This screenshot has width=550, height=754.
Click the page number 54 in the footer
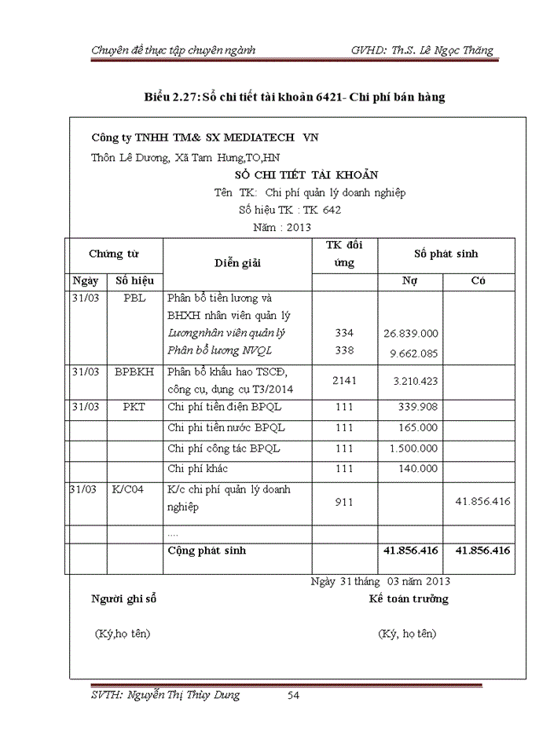294,695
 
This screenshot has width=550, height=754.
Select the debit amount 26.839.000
411,334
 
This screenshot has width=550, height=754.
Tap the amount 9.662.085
414,353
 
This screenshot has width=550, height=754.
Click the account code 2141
344,380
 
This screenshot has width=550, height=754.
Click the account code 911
344,500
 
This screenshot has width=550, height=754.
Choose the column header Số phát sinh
446,254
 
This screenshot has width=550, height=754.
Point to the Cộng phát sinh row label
207,551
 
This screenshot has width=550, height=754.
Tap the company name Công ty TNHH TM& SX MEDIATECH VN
205,137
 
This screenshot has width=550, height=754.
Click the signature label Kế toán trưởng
409,599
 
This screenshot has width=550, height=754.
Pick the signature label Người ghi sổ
124,599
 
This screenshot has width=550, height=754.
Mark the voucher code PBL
134,299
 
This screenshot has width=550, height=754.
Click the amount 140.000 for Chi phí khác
420,469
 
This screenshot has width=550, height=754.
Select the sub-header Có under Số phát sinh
478,280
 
